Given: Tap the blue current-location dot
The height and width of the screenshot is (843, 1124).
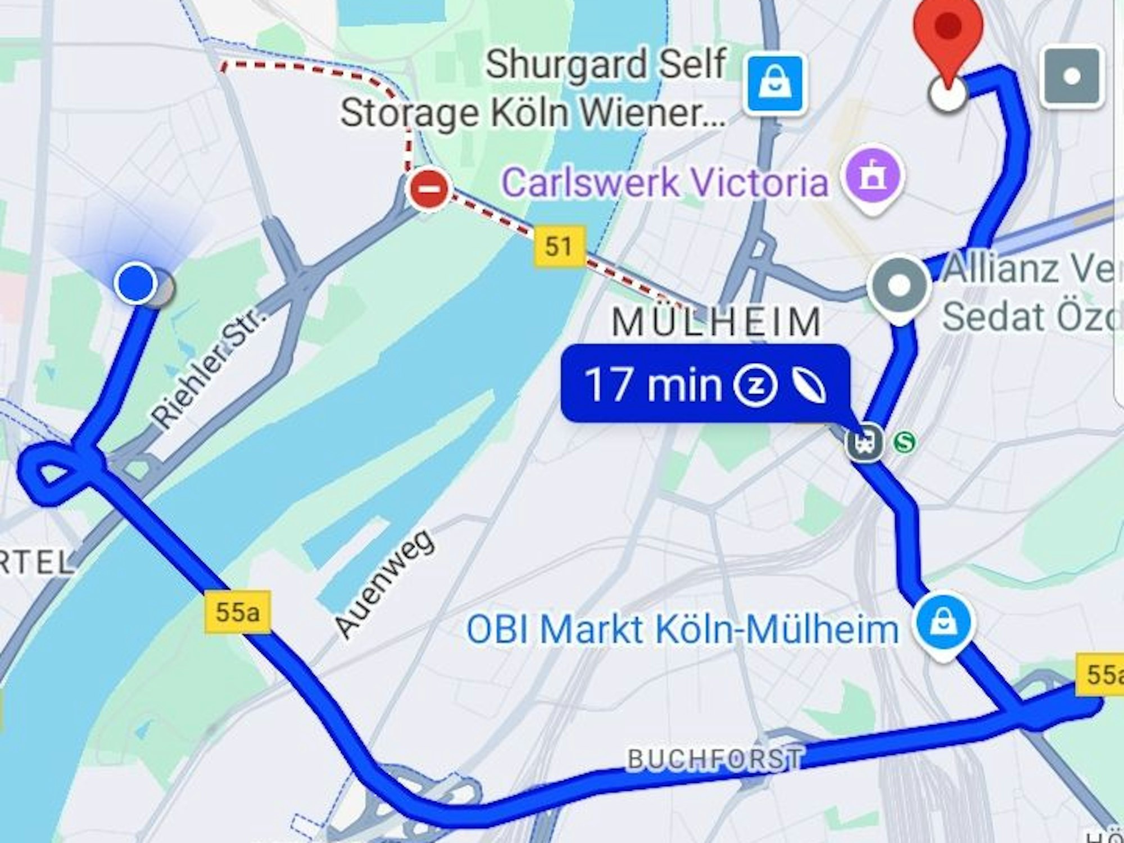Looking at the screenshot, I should [136, 283].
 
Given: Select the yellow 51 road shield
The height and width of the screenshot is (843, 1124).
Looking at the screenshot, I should [558, 246].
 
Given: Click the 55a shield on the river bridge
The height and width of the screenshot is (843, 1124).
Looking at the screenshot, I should [237, 611].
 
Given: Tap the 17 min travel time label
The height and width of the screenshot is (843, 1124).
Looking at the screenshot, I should [652, 385].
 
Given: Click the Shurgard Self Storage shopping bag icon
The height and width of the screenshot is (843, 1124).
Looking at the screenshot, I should [776, 83].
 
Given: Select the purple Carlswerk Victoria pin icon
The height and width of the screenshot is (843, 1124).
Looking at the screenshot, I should [873, 179].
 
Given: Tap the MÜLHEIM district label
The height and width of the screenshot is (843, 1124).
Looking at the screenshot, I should [717, 322].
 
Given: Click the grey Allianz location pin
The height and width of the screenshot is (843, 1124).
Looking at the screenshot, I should [899, 285].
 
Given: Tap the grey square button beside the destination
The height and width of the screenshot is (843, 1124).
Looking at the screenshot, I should [1071, 77].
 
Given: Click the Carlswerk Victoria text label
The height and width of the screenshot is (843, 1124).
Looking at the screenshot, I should [665, 183].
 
